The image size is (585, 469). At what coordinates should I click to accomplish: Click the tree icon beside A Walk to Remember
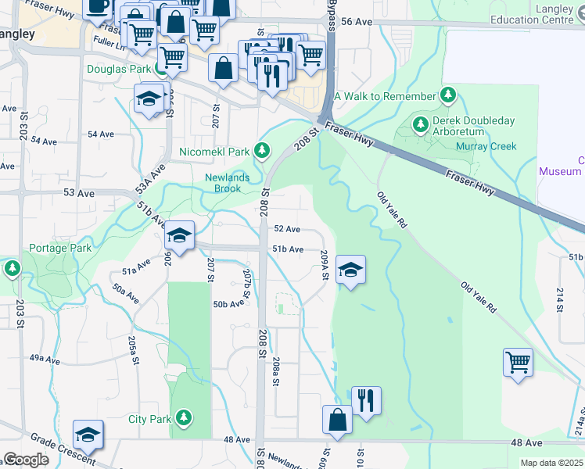pyautogui.click(x=448, y=96)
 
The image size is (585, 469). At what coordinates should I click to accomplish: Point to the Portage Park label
pyautogui.click(x=60, y=249)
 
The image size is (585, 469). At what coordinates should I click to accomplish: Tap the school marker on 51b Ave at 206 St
pyautogui.click(x=179, y=237)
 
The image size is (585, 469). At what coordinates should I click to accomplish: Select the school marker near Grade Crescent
pyautogui.click(x=88, y=435)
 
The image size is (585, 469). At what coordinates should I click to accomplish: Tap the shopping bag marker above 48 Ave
pyautogui.click(x=337, y=419)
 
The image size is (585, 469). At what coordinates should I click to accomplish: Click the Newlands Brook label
pyautogui.click(x=227, y=183)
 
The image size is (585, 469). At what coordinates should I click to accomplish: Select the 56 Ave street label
pyautogui.click(x=357, y=23)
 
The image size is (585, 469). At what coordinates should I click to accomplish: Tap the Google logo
pyautogui.click(x=25, y=460)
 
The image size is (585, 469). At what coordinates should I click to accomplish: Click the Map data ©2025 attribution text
pyautogui.click(x=552, y=463)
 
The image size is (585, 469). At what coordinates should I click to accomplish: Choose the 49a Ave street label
pyautogui.click(x=45, y=359)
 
